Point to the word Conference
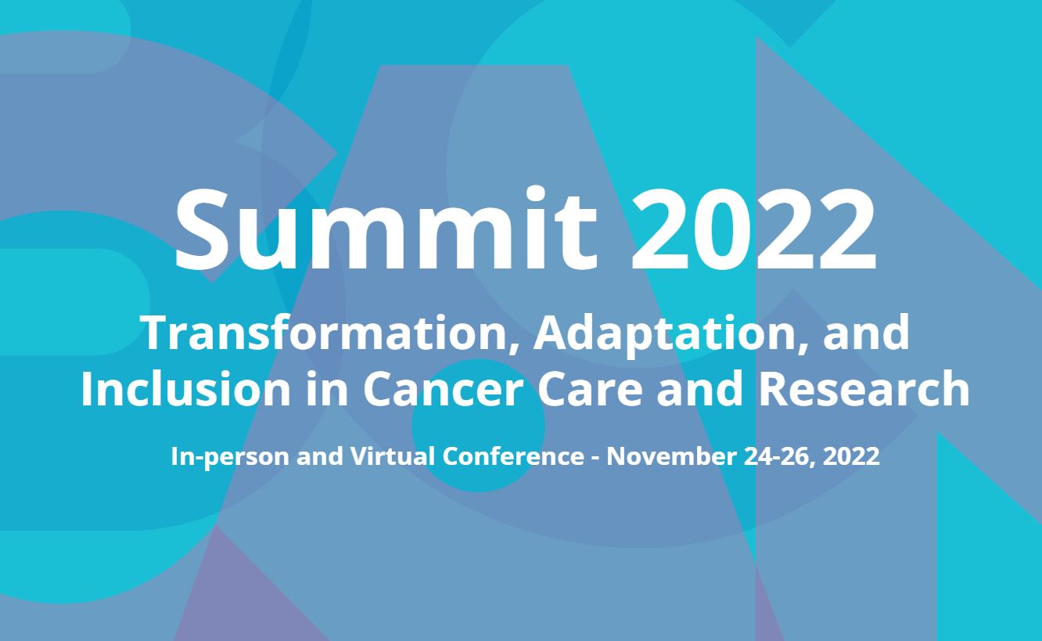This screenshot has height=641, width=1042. (513, 456)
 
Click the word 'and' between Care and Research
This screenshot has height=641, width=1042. (699, 390)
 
